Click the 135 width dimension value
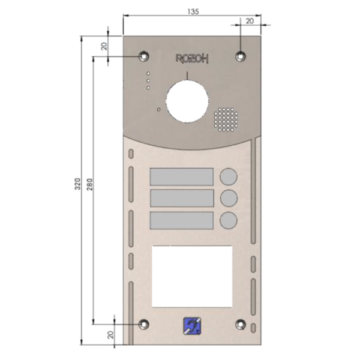(193, 11)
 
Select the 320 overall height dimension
(78, 184)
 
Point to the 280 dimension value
(89, 184)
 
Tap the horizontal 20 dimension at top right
(250, 21)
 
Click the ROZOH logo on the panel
(192, 59)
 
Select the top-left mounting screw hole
(144, 56)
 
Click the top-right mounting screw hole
(241, 56)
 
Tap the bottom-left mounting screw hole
(144, 324)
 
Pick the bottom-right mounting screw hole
(241, 324)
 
